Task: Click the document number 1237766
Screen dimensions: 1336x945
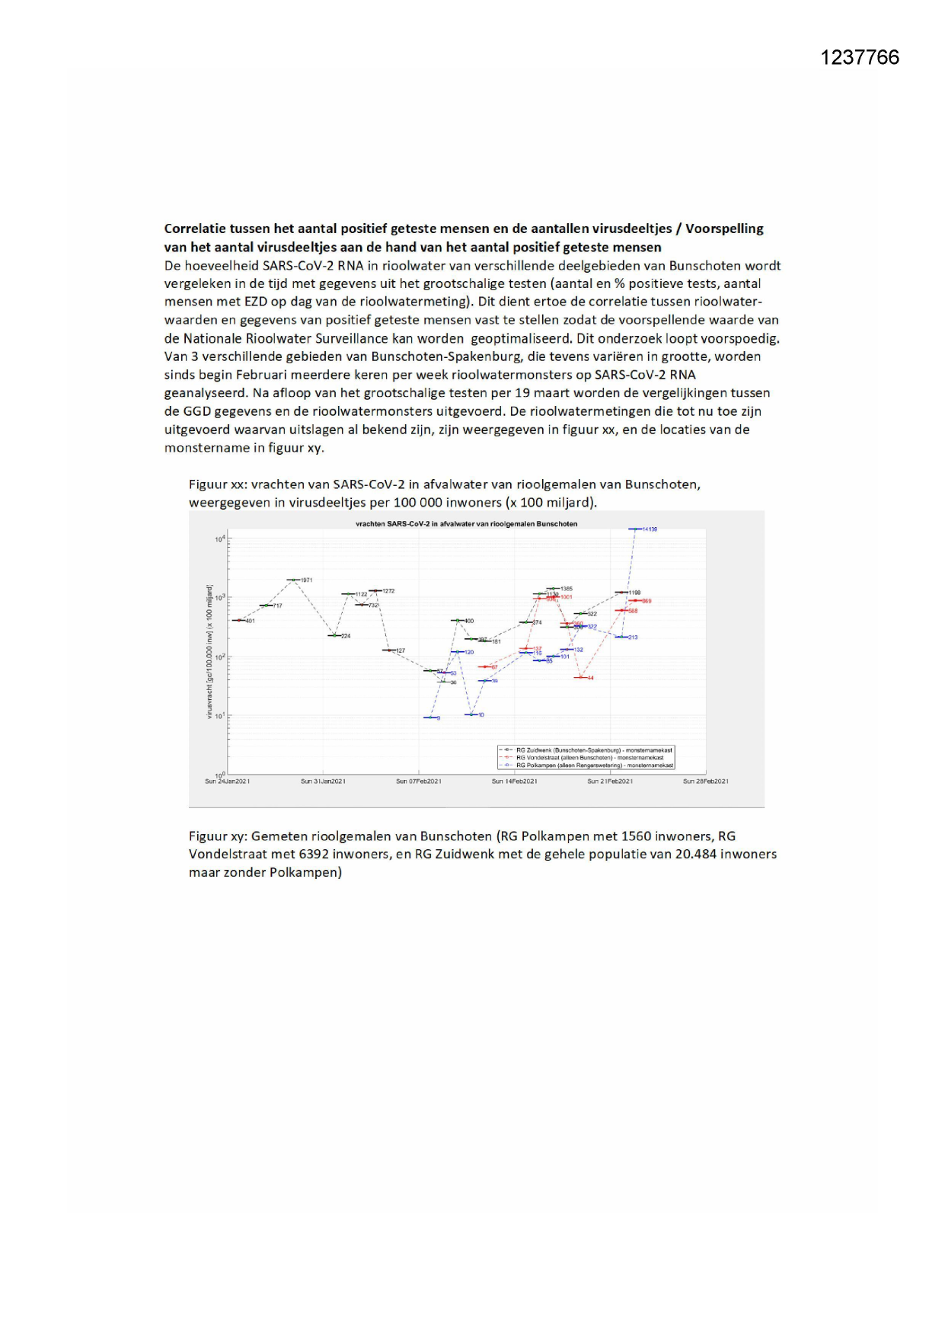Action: tap(860, 58)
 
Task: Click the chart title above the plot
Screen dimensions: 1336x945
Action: tap(466, 524)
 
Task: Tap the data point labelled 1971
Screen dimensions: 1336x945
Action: tap(294, 580)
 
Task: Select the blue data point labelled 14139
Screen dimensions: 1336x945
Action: tap(635, 529)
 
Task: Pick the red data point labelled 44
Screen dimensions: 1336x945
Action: tap(581, 677)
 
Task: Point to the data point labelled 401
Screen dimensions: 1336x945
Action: tap(239, 620)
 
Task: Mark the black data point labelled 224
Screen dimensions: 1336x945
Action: tap(334, 635)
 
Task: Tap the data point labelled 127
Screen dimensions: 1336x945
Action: tap(389, 650)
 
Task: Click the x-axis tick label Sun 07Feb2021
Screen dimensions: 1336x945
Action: tap(418, 781)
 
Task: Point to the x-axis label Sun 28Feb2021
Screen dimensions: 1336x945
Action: tap(705, 781)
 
